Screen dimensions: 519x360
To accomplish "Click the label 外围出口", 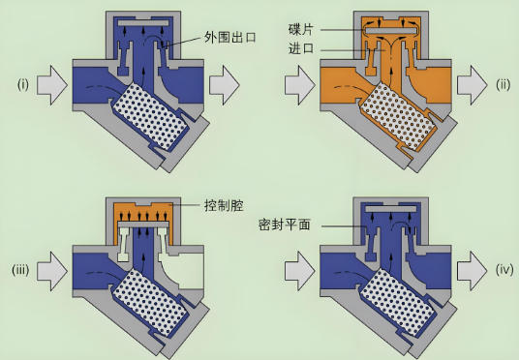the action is coord(230,37).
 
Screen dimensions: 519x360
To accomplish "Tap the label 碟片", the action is coord(300,30).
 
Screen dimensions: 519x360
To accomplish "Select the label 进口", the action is coord(301,49).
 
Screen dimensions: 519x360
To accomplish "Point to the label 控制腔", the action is coord(224,206).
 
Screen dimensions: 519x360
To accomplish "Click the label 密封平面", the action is coord(285,225).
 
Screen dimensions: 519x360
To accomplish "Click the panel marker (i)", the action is coord(23,85).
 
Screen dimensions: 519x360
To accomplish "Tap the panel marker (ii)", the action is coord(504,85).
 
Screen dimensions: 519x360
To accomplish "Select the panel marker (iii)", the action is coord(20,270).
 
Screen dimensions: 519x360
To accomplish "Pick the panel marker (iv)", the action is coord(504,270).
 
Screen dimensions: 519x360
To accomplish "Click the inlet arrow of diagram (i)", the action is coord(52,85).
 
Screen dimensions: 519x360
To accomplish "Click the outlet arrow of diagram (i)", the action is coord(224,85).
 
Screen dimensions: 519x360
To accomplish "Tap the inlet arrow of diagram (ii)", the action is coord(300,85).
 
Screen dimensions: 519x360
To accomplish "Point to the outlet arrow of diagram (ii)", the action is coord(472,85).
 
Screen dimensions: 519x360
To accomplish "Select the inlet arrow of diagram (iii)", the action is coord(52,271).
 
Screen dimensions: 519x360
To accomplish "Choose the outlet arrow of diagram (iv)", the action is coord(472,271).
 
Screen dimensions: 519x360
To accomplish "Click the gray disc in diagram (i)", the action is coord(143,23).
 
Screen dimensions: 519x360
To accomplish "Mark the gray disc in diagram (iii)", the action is coord(143,225).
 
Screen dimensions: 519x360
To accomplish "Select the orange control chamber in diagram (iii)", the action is coord(143,212).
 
